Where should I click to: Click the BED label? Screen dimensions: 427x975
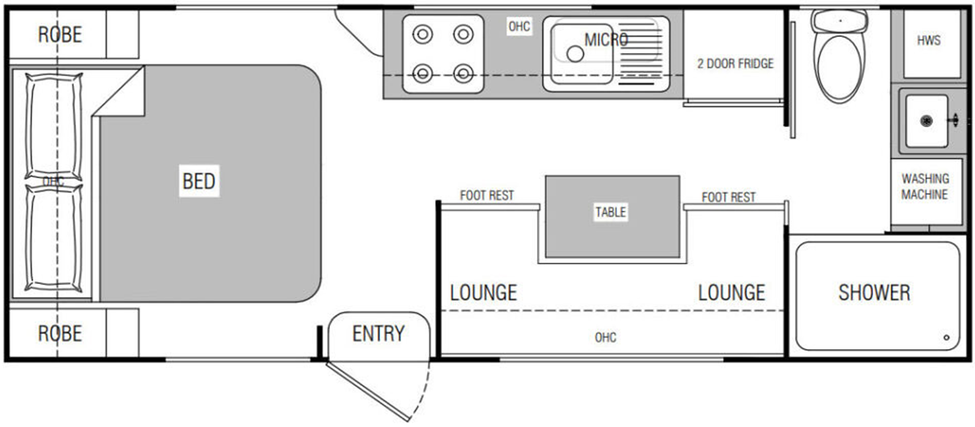point(199,181)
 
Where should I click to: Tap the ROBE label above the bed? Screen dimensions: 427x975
point(60,34)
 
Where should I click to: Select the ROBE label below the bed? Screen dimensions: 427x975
point(60,333)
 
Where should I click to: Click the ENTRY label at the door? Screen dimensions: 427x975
point(378,334)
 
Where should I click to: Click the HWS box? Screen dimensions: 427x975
point(928,41)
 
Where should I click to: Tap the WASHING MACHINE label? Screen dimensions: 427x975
point(924,187)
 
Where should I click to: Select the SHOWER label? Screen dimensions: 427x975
point(873,292)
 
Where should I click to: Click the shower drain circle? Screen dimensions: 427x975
point(946,337)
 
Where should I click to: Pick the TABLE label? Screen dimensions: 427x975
point(610,212)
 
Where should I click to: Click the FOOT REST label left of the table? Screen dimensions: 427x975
point(486,196)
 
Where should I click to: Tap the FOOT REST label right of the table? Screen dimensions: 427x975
point(729,197)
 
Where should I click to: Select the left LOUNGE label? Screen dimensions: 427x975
point(483,292)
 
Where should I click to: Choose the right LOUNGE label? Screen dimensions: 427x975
point(731,292)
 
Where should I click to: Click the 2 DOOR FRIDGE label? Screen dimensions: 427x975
point(734,63)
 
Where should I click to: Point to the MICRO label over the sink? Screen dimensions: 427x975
point(606,39)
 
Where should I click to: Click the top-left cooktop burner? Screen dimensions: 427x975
point(422,34)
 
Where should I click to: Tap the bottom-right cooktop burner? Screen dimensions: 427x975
point(463,74)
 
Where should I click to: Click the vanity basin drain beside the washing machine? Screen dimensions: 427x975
point(927,120)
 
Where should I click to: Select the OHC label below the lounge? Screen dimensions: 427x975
point(605,337)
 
